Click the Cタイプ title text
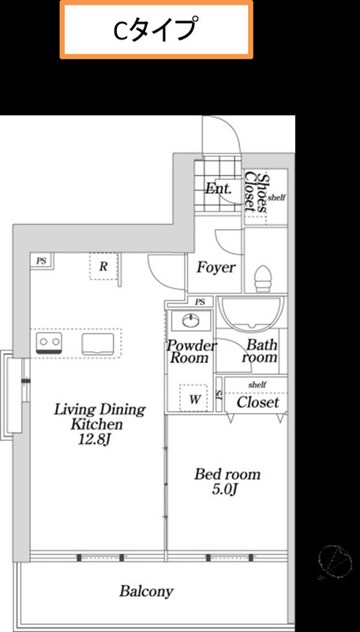[156, 29]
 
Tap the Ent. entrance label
[218, 188]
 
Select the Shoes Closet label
[256, 192]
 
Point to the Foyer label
[216, 267]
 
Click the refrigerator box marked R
[103, 266]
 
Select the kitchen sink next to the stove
[98, 344]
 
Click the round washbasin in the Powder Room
[190, 321]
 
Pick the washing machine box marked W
[194, 399]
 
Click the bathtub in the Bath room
[251, 312]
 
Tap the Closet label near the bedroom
[257, 402]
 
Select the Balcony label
[146, 591]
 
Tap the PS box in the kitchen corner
[42, 261]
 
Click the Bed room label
[227, 474]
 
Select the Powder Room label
[191, 352]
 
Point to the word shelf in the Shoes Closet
[276, 197]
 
